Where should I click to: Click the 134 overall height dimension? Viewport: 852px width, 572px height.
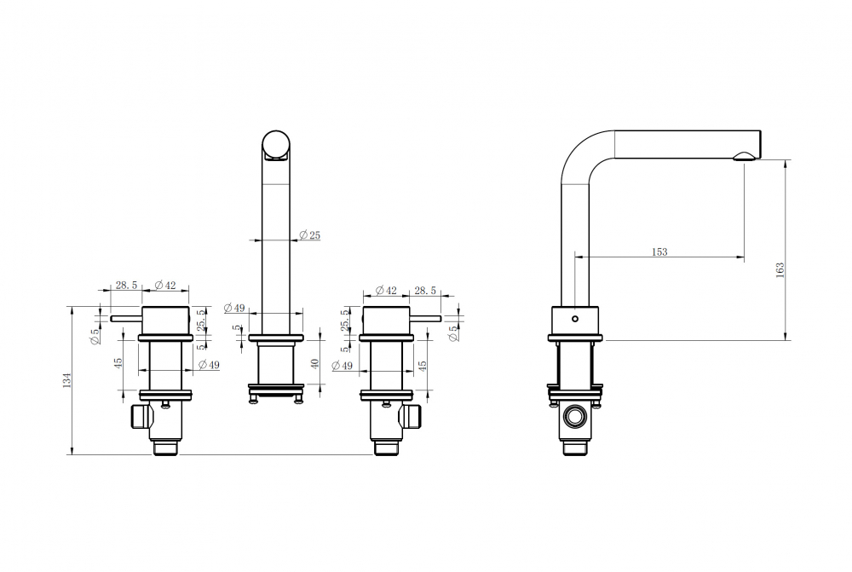tap(67, 380)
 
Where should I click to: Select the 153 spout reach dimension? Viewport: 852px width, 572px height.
tap(659, 251)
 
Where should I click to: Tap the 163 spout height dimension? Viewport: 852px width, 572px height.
tap(780, 269)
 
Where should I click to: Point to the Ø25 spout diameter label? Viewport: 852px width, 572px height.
tap(310, 235)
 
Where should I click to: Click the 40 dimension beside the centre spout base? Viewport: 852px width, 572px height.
tap(314, 363)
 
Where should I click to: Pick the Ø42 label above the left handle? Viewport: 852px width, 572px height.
tap(165, 285)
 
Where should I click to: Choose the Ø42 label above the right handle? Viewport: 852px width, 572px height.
tap(386, 290)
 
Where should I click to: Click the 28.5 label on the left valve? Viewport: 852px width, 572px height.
tap(126, 285)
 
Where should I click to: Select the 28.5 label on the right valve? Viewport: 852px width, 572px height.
tap(425, 291)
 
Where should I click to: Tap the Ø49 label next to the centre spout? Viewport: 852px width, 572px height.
tap(235, 308)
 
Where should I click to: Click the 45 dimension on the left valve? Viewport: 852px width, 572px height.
tap(118, 363)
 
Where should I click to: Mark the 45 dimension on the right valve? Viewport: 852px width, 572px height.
tap(423, 365)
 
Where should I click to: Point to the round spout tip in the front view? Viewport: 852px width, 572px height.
tap(276, 145)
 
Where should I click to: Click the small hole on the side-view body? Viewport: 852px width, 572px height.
tap(575, 319)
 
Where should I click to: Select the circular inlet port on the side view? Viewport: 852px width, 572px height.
tap(575, 418)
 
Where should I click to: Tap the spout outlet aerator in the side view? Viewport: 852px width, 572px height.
tap(745, 157)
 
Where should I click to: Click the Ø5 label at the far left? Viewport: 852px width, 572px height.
tap(95, 337)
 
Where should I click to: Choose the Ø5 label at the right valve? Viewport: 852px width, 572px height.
tap(454, 333)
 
